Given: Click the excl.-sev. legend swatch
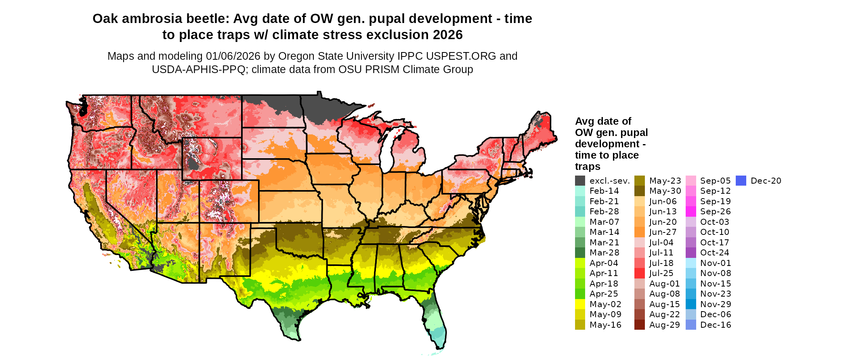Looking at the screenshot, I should pyautogui.click(x=580, y=181).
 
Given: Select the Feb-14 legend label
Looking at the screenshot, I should pyautogui.click(x=604, y=191).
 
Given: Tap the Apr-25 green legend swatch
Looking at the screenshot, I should pyautogui.click(x=580, y=294).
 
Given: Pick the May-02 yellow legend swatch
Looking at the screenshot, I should pyautogui.click(x=580, y=304).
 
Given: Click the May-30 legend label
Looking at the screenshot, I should pyautogui.click(x=665, y=191).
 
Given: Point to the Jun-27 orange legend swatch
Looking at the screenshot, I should pyautogui.click(x=640, y=232).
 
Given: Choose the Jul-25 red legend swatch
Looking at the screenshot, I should pyautogui.click(x=640, y=274).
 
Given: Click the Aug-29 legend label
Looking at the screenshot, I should pyautogui.click(x=664, y=325).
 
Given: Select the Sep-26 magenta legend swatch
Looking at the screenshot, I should pyautogui.click(x=691, y=212).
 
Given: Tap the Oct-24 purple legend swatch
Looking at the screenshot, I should pyautogui.click(x=691, y=253).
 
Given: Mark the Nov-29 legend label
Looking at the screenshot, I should pyautogui.click(x=716, y=304).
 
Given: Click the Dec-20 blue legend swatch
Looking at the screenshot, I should pyautogui.click(x=741, y=181).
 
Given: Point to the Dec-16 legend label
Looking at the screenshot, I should pyautogui.click(x=716, y=325).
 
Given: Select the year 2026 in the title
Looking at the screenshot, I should pyautogui.click(x=447, y=35).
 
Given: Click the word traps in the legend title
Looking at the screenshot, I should pyautogui.click(x=588, y=167).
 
